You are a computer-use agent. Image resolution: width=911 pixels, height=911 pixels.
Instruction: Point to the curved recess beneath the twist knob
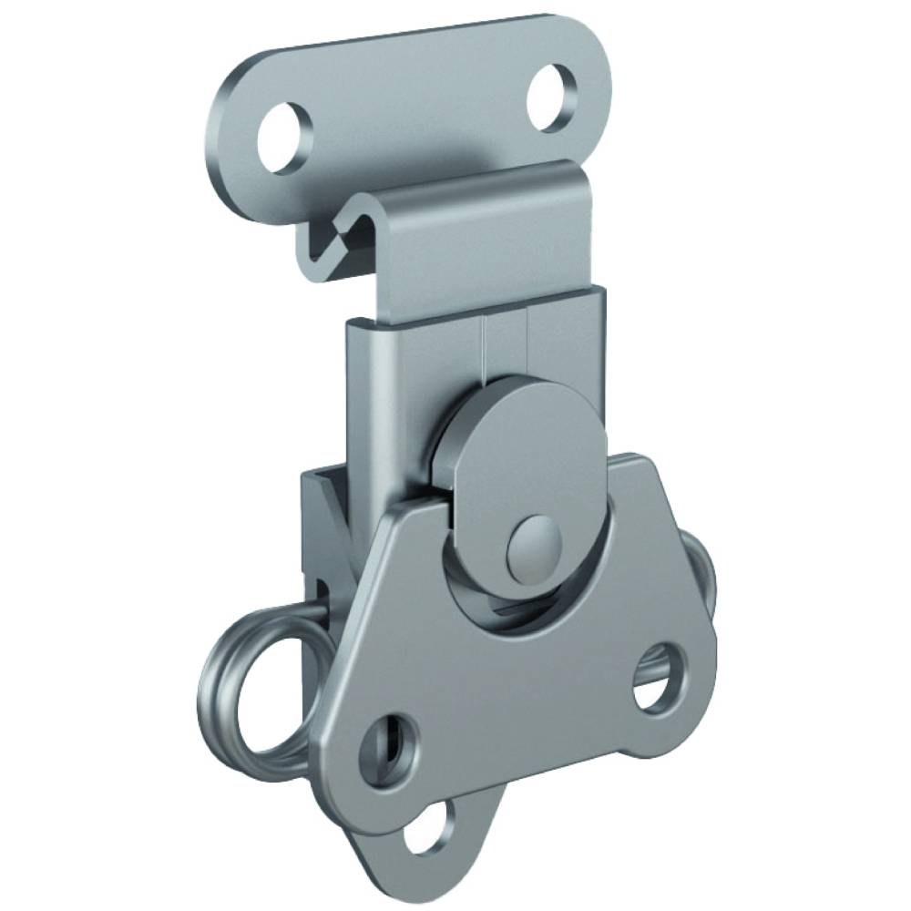510,619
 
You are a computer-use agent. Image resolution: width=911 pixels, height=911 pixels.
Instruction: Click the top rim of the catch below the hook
474,301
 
